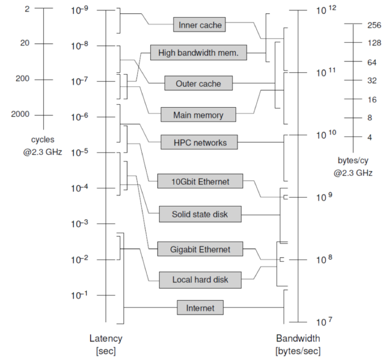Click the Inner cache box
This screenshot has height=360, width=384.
[x=199, y=25]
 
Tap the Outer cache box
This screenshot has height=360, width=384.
[x=198, y=84]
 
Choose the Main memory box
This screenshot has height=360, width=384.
[x=198, y=115]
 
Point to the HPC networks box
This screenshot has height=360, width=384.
[x=199, y=142]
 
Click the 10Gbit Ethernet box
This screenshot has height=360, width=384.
[x=200, y=181]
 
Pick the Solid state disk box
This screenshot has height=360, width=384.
[x=200, y=214]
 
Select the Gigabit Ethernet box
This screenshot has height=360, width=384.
[x=200, y=249]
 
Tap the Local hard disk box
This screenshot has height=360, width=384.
[x=200, y=280]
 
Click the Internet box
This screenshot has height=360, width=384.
[x=200, y=307]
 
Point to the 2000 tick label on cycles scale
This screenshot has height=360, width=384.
[x=20, y=114]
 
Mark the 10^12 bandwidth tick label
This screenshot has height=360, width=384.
[x=326, y=10]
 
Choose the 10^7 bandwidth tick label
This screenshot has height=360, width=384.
[x=326, y=322]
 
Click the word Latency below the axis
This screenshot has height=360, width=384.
[x=105, y=339]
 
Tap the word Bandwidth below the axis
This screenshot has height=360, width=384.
[x=298, y=339]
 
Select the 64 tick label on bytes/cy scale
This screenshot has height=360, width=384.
[x=371, y=62]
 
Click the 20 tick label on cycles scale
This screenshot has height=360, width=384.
[x=25, y=44]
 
